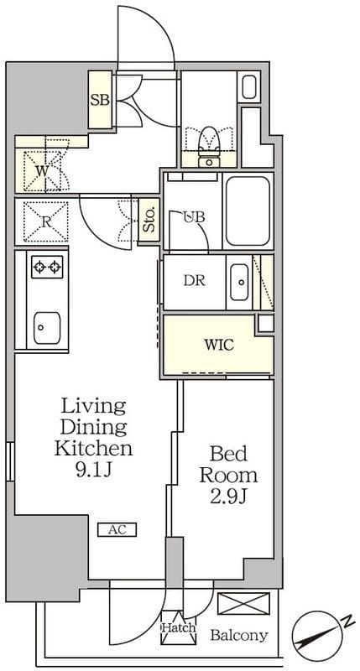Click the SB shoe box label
(x=100, y=100)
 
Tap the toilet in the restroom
(x=209, y=148)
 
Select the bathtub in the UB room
(x=248, y=211)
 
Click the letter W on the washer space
(x=42, y=171)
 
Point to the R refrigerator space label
(x=46, y=222)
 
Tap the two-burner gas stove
(x=47, y=268)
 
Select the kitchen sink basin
(x=47, y=327)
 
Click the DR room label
(x=195, y=281)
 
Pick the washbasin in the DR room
(x=239, y=282)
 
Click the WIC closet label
(x=219, y=345)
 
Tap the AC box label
(x=117, y=530)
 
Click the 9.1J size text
(x=94, y=470)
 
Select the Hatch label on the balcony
(x=179, y=627)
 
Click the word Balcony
(x=239, y=635)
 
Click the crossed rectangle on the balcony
(x=243, y=603)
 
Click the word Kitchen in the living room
(x=93, y=448)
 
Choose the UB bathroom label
(x=195, y=217)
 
